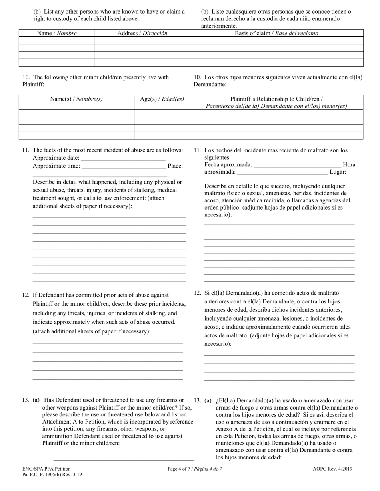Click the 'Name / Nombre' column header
click(57, 34)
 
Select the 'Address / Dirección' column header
click(142, 34)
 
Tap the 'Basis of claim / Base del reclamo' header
click(276, 34)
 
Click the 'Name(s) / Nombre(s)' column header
click(76, 99)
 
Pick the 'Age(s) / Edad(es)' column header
click(162, 99)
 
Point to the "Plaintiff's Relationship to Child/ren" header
click(276, 99)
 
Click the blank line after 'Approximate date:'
click(123, 158)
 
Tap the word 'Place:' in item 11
click(175, 166)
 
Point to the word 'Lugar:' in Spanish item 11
click(338, 172)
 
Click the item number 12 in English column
click(26, 295)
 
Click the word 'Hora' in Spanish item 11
click(349, 165)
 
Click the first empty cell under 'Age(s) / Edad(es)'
click(162, 113)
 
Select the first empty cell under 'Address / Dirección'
click(142, 41)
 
